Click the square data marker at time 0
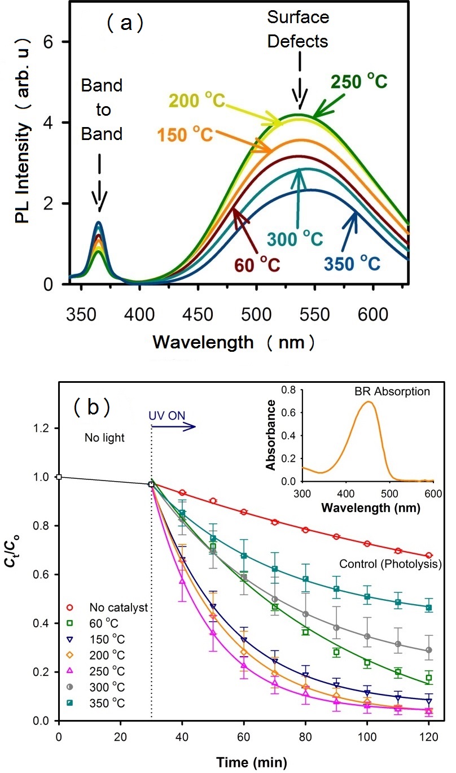(x=59, y=477)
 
